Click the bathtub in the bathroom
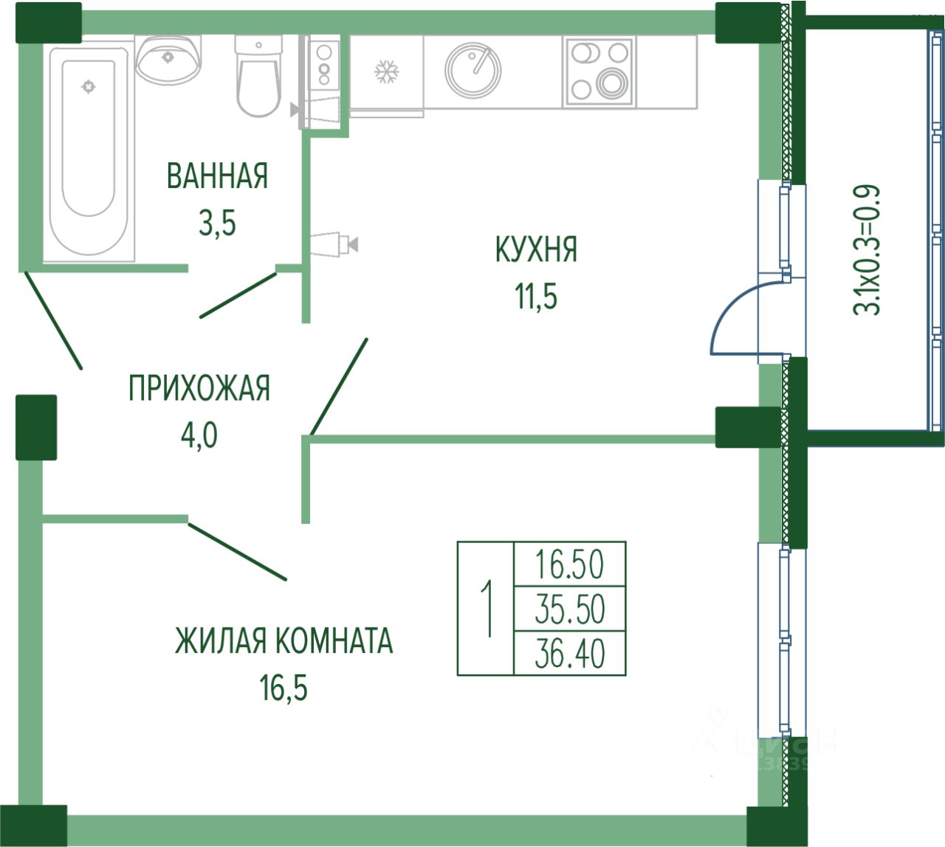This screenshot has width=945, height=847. tap(89, 148)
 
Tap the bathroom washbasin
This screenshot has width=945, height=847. tap(168, 58)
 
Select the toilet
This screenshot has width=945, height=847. tap(258, 77)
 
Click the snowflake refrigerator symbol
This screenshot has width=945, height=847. tap(386, 72)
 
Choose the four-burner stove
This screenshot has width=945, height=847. tap(599, 71)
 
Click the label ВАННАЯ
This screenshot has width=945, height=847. tap(217, 177)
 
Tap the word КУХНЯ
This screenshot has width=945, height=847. tap(536, 250)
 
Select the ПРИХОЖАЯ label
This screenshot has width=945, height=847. tap(199, 389)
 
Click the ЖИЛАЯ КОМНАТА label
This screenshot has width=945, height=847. tap(283, 640)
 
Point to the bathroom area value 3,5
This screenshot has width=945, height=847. tap(217, 223)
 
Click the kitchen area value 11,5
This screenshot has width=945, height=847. tap(536, 297)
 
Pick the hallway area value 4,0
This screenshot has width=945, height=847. tap(199, 435)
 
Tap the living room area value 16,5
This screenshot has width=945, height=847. tap(283, 688)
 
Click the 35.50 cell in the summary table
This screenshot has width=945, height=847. tap(569, 609)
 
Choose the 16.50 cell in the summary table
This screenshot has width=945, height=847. tap(569, 565)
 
